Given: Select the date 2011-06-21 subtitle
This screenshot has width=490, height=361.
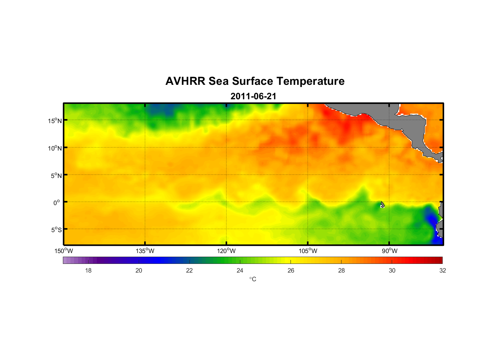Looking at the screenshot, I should pyautogui.click(x=253, y=96).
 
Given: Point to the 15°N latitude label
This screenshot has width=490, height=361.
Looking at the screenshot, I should pyautogui.click(x=55, y=121).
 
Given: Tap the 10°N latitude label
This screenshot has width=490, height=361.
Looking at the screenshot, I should pyautogui.click(x=55, y=148).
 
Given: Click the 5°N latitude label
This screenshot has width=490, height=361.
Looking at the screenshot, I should pyautogui.click(x=56, y=175).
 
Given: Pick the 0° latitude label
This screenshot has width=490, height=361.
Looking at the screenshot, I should pyautogui.click(x=57, y=203).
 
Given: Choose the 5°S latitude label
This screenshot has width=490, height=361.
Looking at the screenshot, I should pyautogui.click(x=56, y=230).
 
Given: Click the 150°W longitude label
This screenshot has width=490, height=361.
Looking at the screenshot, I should pyautogui.click(x=64, y=251).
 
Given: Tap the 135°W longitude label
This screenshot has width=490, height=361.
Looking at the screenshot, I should pyautogui.click(x=145, y=251).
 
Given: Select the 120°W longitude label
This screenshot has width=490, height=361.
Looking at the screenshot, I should pyautogui.click(x=227, y=251).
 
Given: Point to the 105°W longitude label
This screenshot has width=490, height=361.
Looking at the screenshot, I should pyautogui.click(x=308, y=251).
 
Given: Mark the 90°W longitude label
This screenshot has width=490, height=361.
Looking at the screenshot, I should pyautogui.click(x=390, y=251).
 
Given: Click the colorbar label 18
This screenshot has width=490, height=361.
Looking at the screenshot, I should pyautogui.click(x=88, y=270).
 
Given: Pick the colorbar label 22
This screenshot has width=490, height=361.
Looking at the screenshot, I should pyautogui.click(x=189, y=270).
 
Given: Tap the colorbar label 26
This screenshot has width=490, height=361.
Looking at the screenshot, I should pyautogui.click(x=291, y=270).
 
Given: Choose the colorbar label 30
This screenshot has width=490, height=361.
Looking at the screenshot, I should pyautogui.click(x=392, y=270).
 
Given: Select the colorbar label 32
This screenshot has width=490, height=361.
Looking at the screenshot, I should pyautogui.click(x=443, y=270).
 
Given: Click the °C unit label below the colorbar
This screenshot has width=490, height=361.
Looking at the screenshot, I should pyautogui.click(x=253, y=279).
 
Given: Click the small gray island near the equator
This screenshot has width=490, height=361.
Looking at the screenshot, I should pyautogui.click(x=382, y=205).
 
